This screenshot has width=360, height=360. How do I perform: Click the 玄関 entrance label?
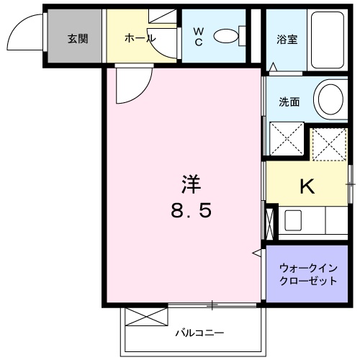tap(78, 39)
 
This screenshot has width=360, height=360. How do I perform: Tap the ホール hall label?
tap(141, 39)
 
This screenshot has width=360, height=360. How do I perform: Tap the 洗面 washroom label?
tap(290, 102)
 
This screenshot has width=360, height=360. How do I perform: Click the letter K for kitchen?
tap(307, 187)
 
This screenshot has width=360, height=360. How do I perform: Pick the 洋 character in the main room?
tap(190, 184)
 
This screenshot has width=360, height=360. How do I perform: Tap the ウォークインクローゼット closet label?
tap(307, 275)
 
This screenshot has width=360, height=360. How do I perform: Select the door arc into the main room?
tap(130, 86)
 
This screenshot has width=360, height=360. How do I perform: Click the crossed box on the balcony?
tap(146, 318)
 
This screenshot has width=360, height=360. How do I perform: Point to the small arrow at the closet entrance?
tap(256, 252)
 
